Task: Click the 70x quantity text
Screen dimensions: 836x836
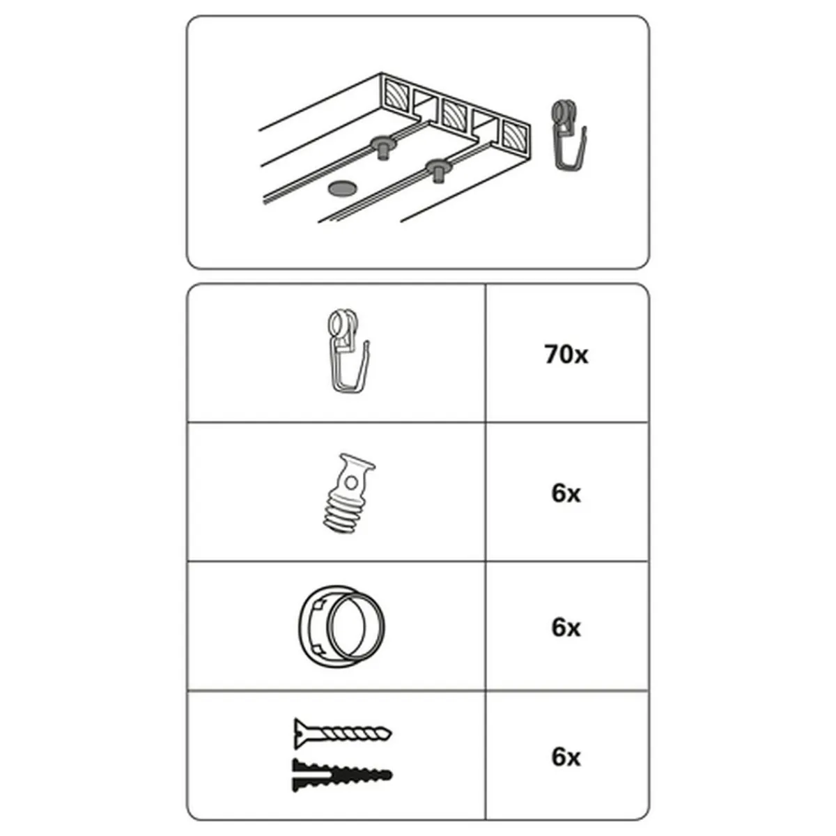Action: pos(566,355)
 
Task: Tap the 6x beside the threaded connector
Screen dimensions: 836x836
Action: pos(566,493)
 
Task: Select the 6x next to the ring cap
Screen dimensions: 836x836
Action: pos(566,627)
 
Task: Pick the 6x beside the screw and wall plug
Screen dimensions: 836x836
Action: pos(566,757)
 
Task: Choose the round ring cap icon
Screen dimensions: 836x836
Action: pos(341,628)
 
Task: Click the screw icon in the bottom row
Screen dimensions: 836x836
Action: pos(342,733)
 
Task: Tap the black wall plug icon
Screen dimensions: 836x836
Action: pos(342,775)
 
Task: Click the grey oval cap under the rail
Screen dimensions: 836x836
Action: pos(342,188)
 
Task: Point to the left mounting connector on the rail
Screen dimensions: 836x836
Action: pos(382,147)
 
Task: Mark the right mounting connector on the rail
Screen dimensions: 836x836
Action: pos(438,169)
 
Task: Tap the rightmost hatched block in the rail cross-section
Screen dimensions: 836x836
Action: pos(515,134)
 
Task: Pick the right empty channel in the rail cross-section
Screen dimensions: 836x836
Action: pos(486,124)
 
